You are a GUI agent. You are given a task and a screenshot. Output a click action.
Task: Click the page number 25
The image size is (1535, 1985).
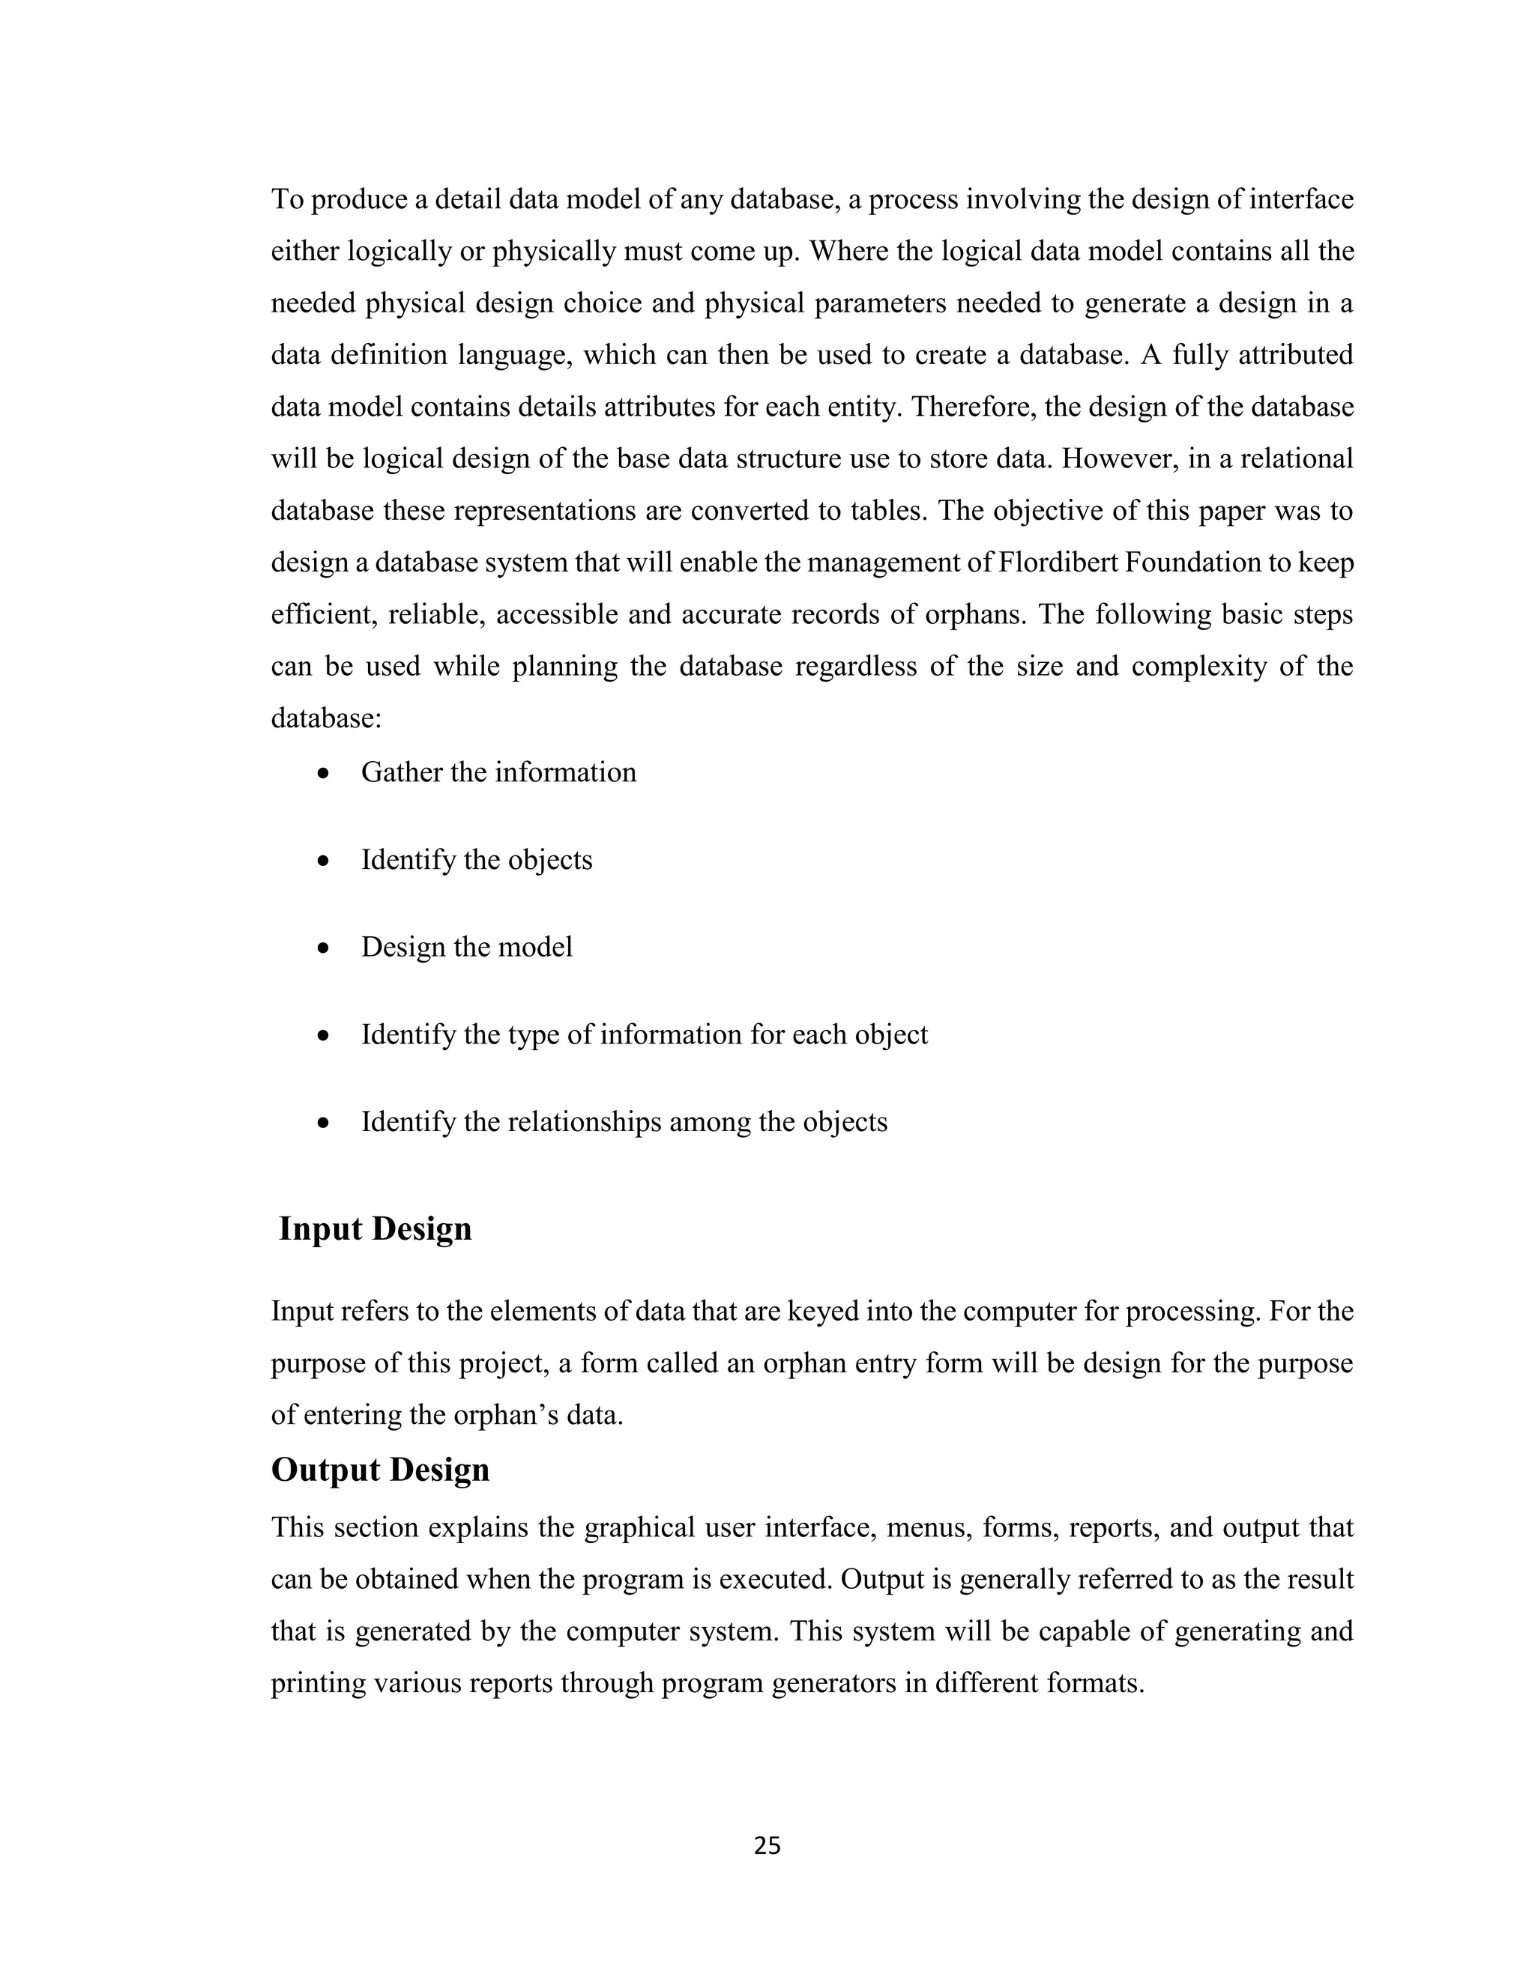coord(767,1845)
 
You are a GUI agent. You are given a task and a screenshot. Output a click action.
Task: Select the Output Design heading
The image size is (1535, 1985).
coord(380,1469)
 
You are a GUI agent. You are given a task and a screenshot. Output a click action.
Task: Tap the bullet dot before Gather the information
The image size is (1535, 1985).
coord(323,775)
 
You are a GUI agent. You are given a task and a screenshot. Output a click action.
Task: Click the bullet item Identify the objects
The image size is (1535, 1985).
coord(477,859)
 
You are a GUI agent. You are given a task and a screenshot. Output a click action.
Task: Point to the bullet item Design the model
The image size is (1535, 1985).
coord(466,946)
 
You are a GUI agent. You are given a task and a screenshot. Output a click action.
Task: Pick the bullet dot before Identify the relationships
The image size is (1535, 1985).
coord(323,1124)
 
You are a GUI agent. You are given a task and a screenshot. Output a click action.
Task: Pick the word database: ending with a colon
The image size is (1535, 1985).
coord(325,718)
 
